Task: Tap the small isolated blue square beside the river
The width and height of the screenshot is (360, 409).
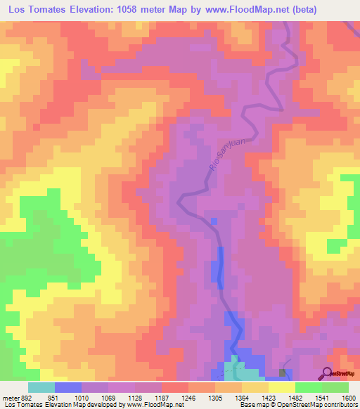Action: point(214,221)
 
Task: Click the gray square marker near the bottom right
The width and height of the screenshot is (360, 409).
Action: point(283,372)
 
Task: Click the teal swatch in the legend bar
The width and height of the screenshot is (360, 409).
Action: point(41,387)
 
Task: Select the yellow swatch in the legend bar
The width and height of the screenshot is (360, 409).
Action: point(281,387)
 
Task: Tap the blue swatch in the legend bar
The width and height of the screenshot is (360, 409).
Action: point(68,387)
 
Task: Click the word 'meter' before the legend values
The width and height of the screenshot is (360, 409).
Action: point(10,397)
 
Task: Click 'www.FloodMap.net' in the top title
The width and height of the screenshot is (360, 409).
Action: point(233,10)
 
